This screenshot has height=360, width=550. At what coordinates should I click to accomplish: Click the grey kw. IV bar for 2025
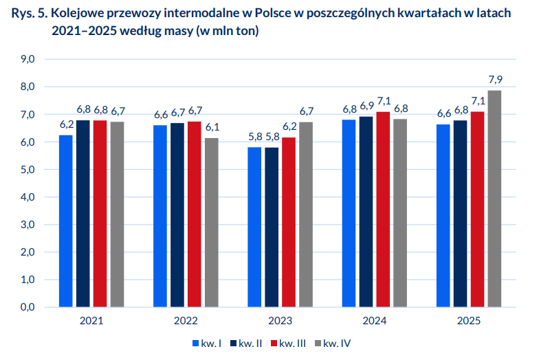click(x=494, y=199)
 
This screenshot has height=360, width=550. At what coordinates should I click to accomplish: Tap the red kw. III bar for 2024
click(x=383, y=209)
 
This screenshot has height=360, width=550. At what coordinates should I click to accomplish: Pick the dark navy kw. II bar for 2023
click(x=272, y=227)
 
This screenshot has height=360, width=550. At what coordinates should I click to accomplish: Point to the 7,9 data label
click(x=494, y=80)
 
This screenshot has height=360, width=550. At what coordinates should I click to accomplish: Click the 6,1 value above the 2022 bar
click(x=212, y=127)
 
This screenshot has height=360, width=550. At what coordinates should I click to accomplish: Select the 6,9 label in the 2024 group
click(x=366, y=106)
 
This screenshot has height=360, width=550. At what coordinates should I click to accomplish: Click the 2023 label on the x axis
click(x=280, y=321)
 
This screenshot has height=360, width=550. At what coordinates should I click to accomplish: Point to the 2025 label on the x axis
click(x=469, y=321)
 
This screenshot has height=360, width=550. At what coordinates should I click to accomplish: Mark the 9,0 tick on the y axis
click(x=28, y=60)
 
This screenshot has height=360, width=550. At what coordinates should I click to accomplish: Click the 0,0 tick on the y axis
click(x=28, y=307)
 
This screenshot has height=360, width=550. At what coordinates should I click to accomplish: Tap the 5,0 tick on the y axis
click(x=28, y=170)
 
